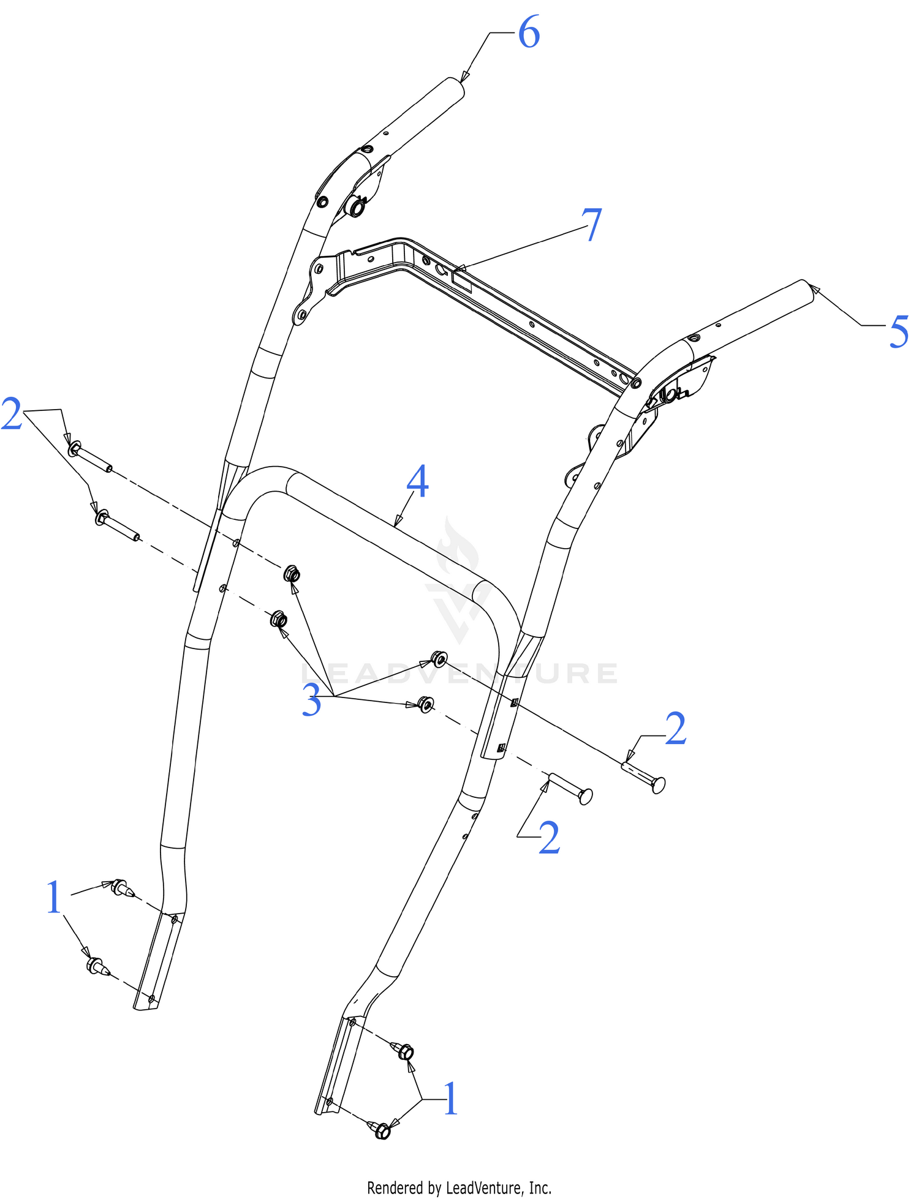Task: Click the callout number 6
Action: pos(529,32)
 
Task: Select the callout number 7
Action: pos(592,225)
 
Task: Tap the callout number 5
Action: pos(899,333)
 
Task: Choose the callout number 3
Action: pos(311,701)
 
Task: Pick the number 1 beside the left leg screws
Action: pos(55,898)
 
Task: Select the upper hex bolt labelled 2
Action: pos(89,457)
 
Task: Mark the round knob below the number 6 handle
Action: pos(355,206)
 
